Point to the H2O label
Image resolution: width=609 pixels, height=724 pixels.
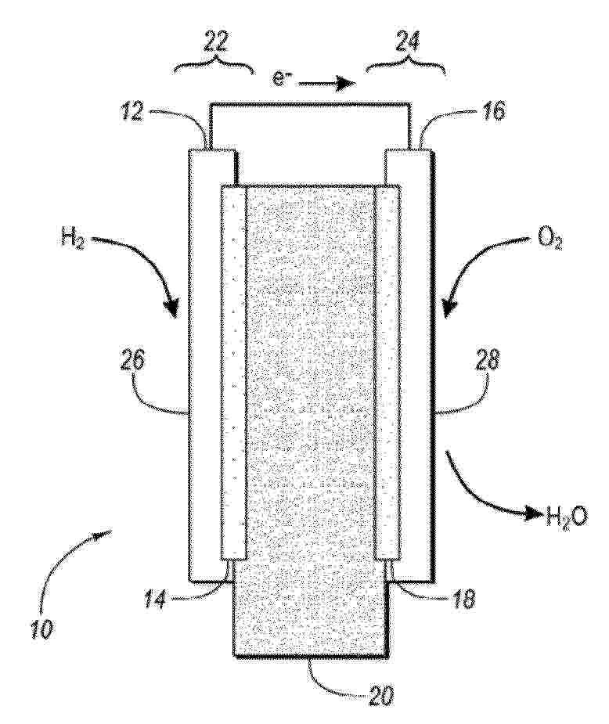point(566,514)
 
